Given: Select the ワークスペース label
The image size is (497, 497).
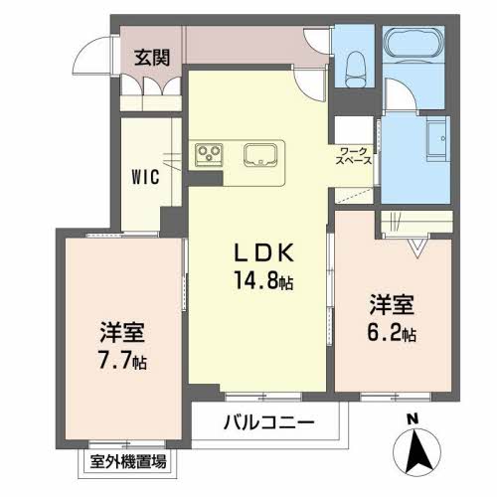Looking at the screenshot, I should pyautogui.click(x=354, y=153).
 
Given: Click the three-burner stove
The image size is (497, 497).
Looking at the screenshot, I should pyautogui.click(x=211, y=154).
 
